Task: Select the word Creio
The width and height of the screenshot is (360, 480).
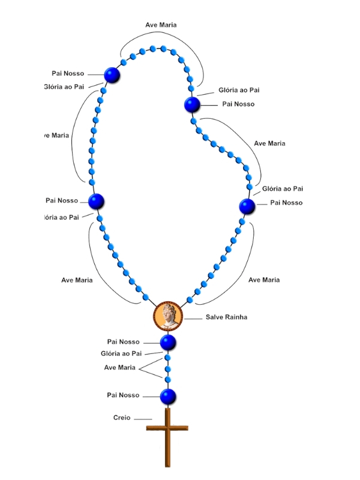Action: [122, 418]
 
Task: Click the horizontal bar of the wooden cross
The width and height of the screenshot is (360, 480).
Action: [167, 428]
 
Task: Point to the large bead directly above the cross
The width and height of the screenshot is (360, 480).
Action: [168, 396]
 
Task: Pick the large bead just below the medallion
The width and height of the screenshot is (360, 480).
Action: [168, 343]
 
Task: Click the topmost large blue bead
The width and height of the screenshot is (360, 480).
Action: [112, 75]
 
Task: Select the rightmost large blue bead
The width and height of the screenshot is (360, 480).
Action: [247, 206]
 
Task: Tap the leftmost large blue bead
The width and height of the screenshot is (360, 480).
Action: [97, 202]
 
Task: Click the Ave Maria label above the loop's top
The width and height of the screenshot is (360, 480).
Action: [161, 25]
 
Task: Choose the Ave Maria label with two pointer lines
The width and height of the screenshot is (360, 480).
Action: [119, 367]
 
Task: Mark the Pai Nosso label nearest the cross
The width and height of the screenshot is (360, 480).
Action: [123, 395]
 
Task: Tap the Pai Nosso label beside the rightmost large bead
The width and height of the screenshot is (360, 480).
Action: [286, 203]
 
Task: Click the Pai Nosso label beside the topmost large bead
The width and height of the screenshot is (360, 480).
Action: [68, 73]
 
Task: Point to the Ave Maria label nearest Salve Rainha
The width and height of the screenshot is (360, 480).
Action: [264, 280]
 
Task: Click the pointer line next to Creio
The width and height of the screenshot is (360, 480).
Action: [143, 419]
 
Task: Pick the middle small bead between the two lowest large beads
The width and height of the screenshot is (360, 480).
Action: [168, 368]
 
